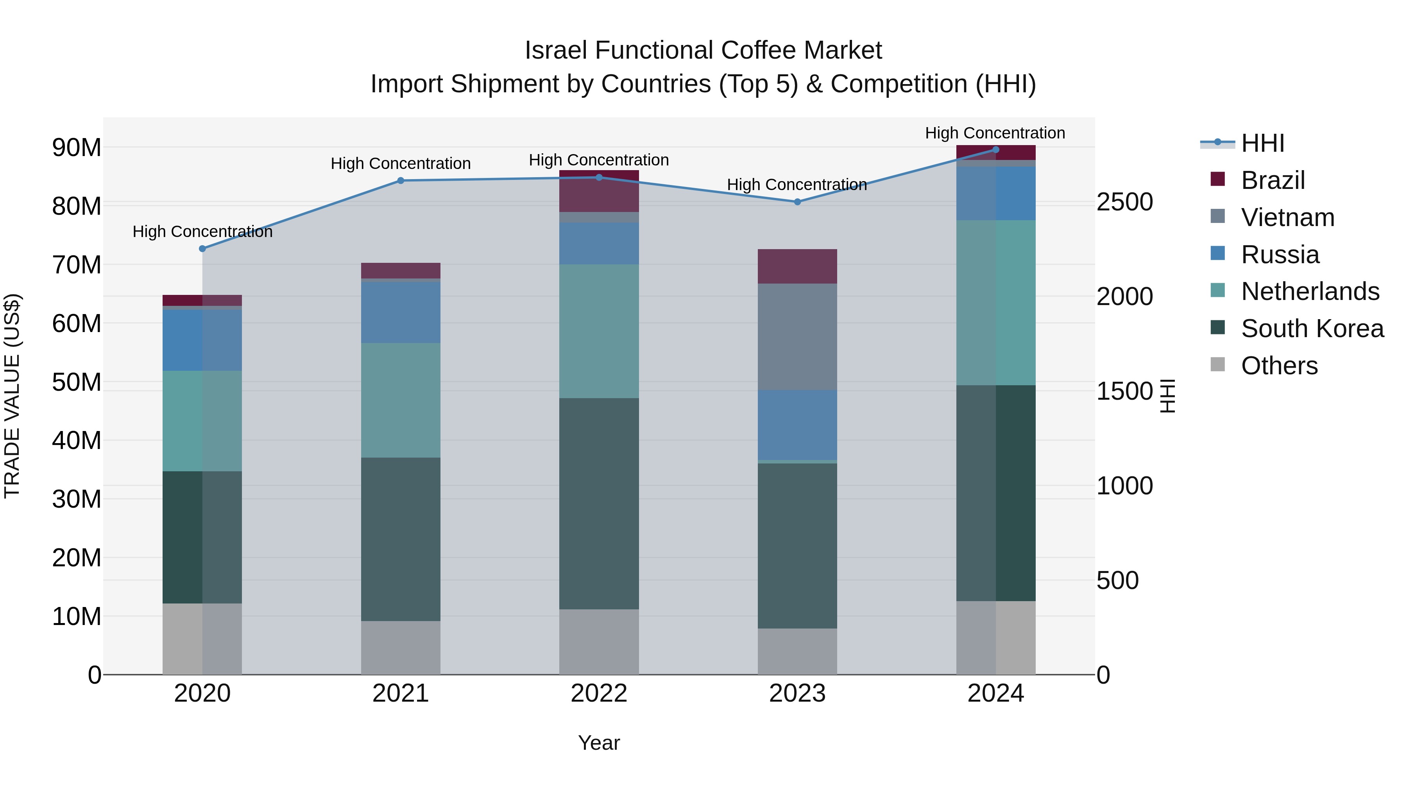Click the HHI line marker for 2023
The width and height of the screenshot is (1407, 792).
coord(797,202)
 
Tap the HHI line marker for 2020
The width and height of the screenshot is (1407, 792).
coord(202,249)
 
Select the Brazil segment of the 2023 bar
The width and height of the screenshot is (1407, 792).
coord(797,266)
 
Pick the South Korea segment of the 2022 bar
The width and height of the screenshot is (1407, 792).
coord(599,503)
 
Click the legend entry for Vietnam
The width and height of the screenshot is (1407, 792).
coord(1287,217)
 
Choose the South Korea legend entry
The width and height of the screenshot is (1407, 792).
coord(1312,329)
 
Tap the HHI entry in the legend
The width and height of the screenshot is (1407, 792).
coord(1262,143)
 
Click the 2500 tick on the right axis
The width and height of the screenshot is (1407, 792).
coord(1124,202)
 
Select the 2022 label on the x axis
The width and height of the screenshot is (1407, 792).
coord(599,693)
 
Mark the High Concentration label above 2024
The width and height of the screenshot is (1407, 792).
coord(995,133)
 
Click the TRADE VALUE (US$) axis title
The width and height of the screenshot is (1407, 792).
coord(12,396)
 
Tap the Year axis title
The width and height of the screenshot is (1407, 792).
coord(599,743)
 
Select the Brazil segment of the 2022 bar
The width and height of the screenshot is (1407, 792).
coord(599,191)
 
